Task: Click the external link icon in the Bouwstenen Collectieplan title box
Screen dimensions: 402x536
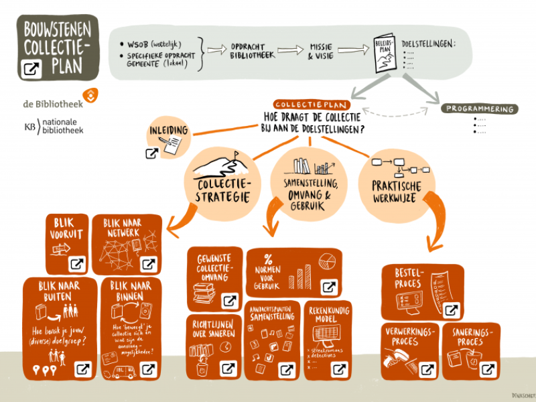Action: tap(31, 68)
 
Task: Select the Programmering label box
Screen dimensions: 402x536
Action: tap(480, 109)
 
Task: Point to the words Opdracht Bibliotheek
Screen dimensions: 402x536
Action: tap(253, 50)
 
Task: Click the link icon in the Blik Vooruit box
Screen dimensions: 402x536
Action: tap(77, 263)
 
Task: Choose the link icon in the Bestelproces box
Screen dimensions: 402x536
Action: tap(452, 310)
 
